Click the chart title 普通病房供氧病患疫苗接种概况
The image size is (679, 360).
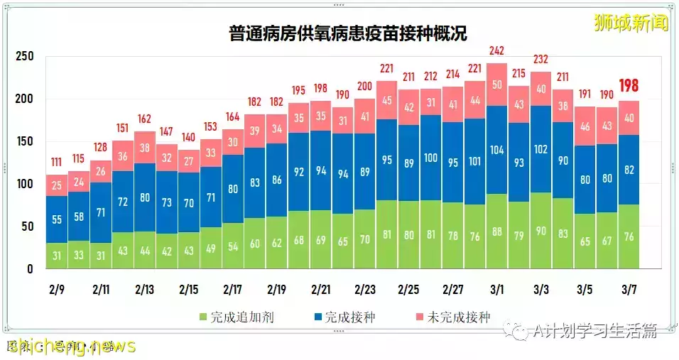click(348, 33)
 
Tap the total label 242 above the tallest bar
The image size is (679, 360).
click(496, 50)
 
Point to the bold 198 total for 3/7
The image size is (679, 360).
click(628, 87)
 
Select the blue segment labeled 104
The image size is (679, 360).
click(496, 150)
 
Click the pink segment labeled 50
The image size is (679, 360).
click(496, 85)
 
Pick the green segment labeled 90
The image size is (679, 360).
click(540, 231)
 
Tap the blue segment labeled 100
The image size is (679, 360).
click(430, 158)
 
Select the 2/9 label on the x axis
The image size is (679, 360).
click(57, 290)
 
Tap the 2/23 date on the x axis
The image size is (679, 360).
click(365, 290)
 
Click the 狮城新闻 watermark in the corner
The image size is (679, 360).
click(631, 23)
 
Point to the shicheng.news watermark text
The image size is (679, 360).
click(71, 346)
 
